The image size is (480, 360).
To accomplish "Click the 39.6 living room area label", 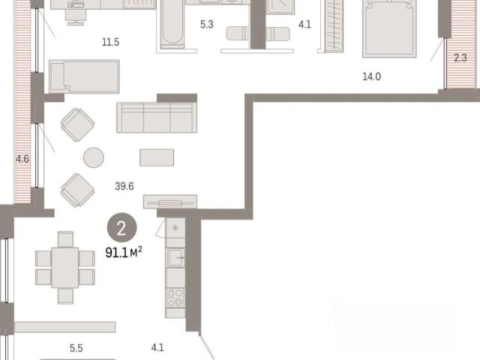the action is click(124, 186).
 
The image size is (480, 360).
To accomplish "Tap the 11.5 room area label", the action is click(110, 42).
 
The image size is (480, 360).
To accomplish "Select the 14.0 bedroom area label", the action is click(372, 76).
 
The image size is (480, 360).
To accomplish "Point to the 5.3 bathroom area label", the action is click(207, 25).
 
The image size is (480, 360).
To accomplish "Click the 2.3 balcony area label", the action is click(460, 58).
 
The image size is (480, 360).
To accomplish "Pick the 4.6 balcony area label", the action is click(22, 159).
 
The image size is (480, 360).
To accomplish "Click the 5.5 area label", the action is click(76, 348).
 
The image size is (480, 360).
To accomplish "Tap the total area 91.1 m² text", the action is click(124, 253).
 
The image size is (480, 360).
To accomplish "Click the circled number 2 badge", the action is click(121, 228).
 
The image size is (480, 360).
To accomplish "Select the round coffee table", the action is click(94, 157).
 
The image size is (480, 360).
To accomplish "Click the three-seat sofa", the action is click(157, 118).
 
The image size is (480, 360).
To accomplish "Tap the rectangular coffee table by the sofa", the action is click(157, 157).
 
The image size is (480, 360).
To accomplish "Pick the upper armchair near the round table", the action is click(78, 125).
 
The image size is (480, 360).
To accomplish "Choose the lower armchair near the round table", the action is click(78, 190).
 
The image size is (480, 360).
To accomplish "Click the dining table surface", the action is click(65, 268).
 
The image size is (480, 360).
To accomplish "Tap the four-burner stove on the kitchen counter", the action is click(175, 298).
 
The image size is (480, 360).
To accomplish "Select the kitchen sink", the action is click(175, 257).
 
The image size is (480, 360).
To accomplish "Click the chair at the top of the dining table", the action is click(65, 239).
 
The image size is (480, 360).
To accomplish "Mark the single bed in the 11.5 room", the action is click(84, 76).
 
